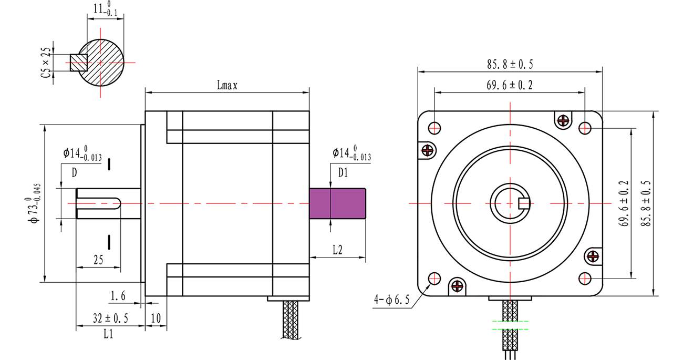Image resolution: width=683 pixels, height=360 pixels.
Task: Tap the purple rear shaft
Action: [337, 203]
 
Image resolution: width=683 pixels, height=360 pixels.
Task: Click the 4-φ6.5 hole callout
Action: [388, 300]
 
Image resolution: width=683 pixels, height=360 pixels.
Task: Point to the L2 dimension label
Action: [337, 251]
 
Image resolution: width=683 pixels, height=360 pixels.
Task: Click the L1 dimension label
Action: [108, 334]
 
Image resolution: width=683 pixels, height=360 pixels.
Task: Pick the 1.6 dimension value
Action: [118, 297]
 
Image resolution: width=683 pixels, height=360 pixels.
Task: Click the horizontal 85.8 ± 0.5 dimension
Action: [510, 65]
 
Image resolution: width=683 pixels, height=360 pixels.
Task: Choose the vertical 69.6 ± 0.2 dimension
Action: [624, 203]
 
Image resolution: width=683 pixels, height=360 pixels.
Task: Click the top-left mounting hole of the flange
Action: [434, 128]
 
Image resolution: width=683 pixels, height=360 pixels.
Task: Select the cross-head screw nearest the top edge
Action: [564, 120]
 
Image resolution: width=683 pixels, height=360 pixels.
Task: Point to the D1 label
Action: [343, 172]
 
